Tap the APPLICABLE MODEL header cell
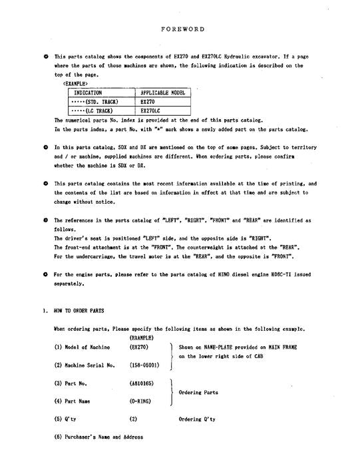click(x=162, y=93)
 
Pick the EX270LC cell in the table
click(x=151, y=111)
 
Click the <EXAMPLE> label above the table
click(x=75, y=84)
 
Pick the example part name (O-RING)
click(x=142, y=402)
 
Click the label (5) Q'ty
click(x=69, y=419)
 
